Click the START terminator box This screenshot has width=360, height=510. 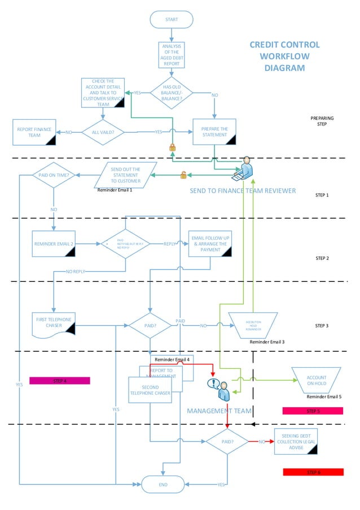[172, 20]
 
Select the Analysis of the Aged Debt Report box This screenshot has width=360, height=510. [172, 55]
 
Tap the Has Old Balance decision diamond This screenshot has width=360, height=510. [172, 93]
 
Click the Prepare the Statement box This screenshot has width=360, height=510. [214, 132]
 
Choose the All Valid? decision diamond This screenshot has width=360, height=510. [103, 132]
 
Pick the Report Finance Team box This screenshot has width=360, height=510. [34, 132]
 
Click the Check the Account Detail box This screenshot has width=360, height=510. [103, 93]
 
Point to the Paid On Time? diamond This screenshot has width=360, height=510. [54, 175]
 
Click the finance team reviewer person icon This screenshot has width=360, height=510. [245, 168]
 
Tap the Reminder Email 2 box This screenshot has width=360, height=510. [54, 244]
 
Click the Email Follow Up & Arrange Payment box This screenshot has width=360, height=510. [210, 243]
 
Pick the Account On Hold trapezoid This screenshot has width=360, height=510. [317, 380]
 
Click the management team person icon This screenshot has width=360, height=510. [219, 389]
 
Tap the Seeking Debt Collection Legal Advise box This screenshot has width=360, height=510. [296, 441]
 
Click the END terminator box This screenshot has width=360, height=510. [163, 484]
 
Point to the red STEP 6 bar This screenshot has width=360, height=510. [313, 472]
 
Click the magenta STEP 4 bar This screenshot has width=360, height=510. [59, 381]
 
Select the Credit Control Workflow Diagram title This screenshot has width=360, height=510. [284, 56]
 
